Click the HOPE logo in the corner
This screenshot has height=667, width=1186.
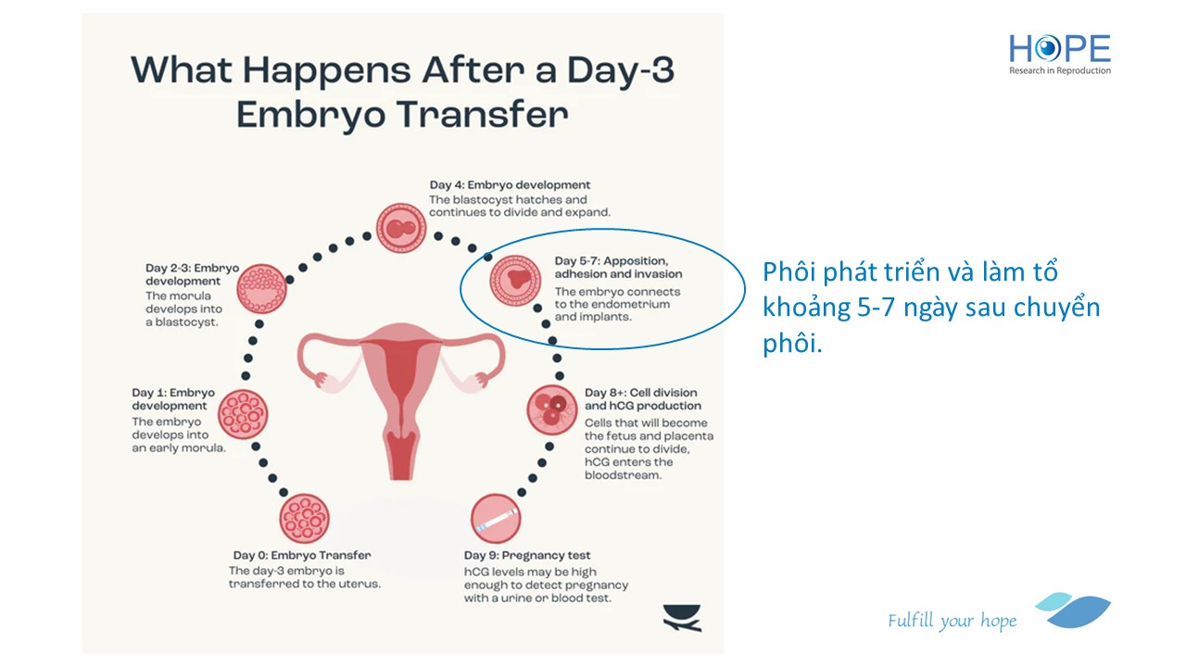click(1059, 54)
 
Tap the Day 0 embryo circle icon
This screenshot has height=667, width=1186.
click(305, 519)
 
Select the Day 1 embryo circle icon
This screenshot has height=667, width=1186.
click(243, 414)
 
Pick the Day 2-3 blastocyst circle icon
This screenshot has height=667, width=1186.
click(261, 289)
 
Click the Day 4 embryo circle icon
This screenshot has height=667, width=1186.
click(401, 228)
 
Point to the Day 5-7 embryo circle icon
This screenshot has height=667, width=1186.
click(515, 281)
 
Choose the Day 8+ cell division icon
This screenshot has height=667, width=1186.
click(551, 409)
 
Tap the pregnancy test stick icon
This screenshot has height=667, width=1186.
click(496, 519)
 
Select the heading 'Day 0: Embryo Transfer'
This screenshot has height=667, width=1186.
click(302, 555)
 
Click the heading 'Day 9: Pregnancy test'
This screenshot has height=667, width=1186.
click(527, 555)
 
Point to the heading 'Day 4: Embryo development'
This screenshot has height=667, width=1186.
click(510, 184)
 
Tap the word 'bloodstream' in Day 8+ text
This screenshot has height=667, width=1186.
click(624, 475)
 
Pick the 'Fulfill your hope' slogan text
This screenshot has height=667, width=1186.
click(952, 621)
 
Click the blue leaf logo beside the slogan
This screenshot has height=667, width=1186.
click(1073, 610)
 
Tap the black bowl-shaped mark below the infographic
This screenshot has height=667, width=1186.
click(682, 618)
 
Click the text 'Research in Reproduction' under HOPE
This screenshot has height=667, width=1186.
click(1060, 70)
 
